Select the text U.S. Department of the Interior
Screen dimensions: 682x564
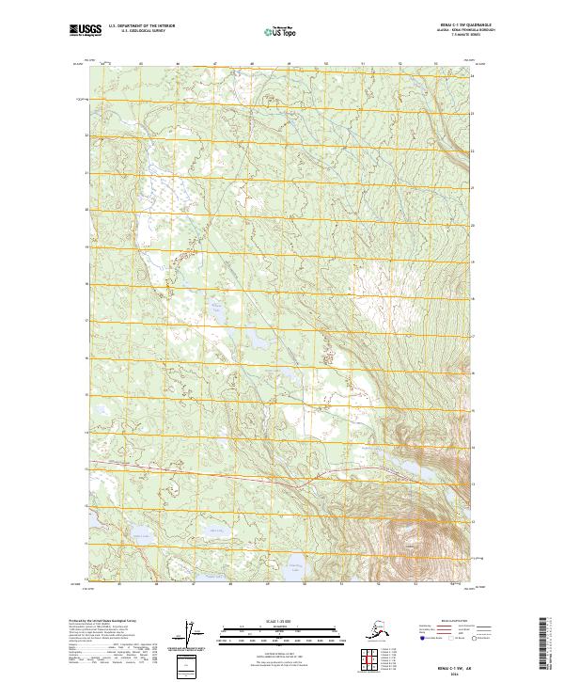(x=141, y=29)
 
